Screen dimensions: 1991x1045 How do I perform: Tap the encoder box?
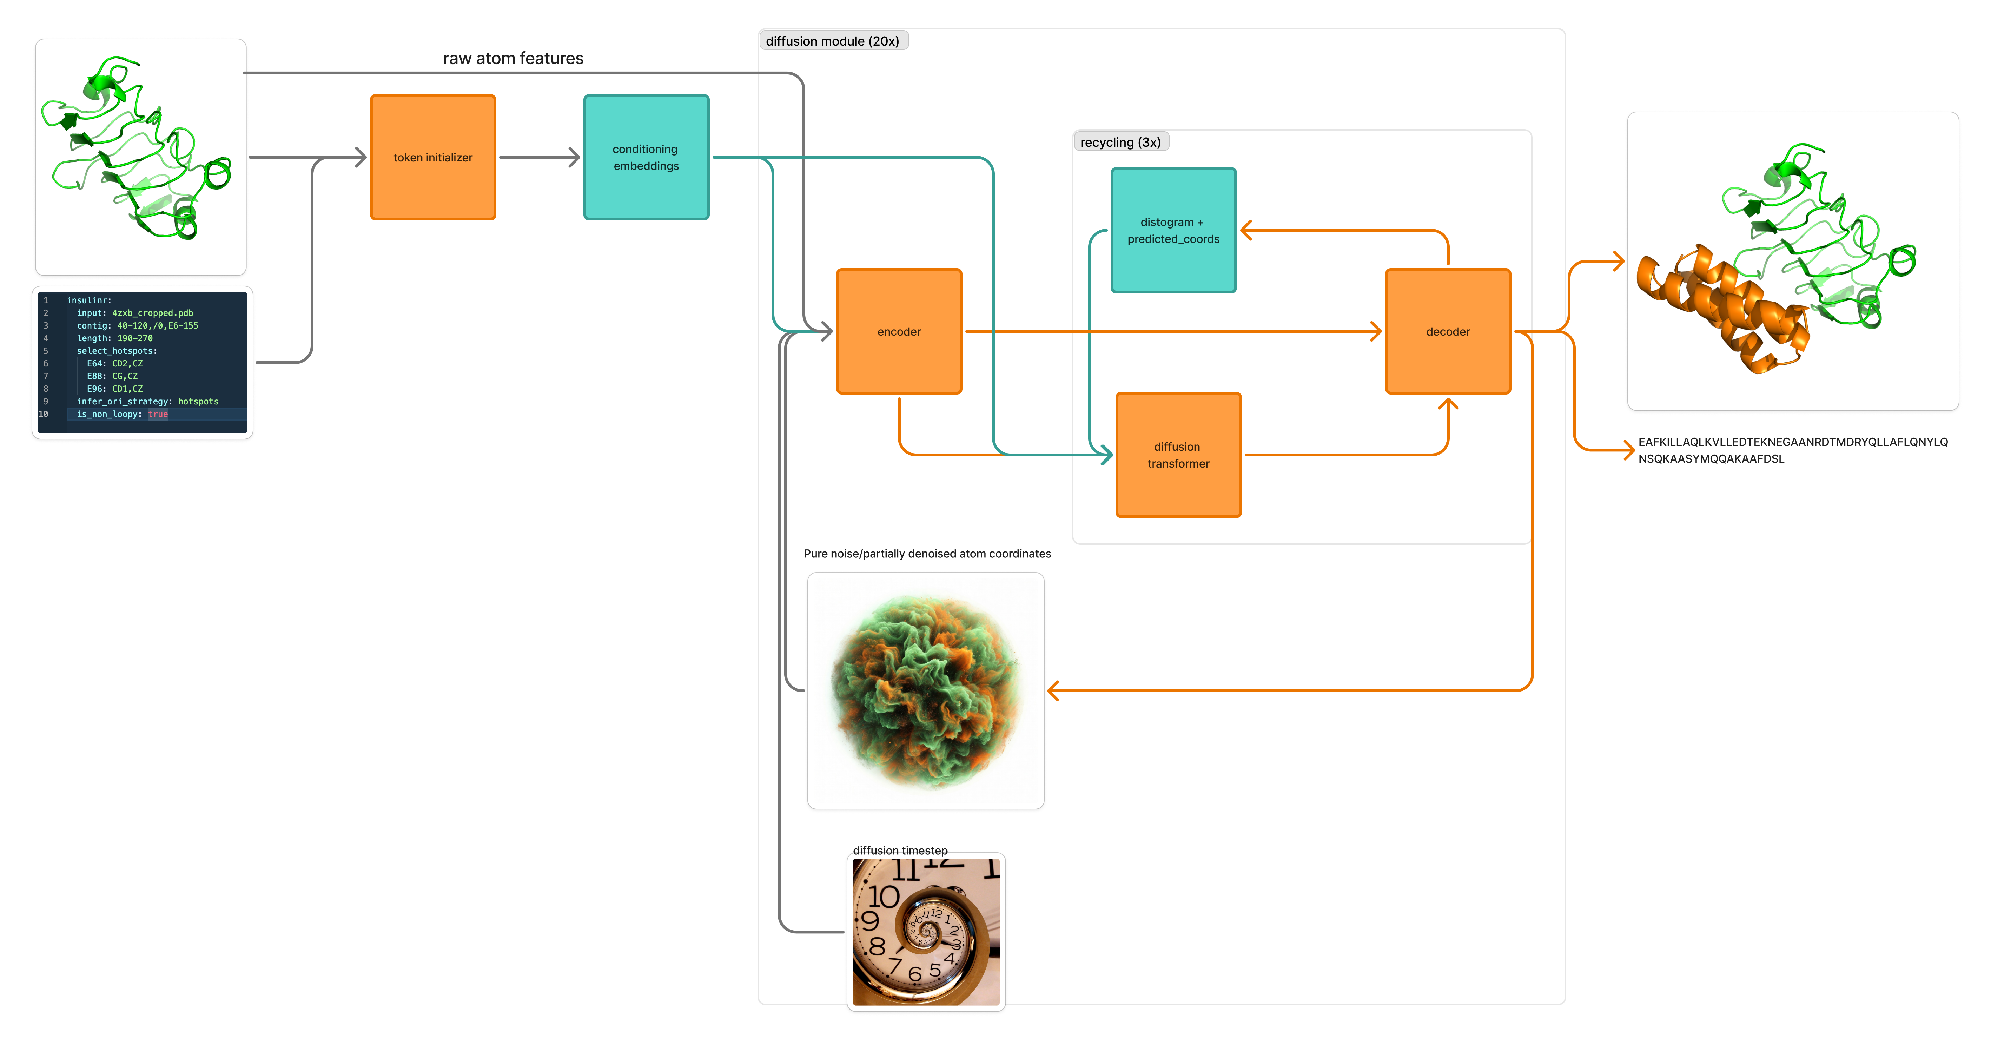point(899,332)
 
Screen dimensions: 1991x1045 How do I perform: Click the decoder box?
point(1448,332)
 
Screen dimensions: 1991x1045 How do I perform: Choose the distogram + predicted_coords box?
point(1173,230)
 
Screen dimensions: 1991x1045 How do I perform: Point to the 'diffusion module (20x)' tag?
point(832,41)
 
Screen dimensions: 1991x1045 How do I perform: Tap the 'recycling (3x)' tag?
point(1121,142)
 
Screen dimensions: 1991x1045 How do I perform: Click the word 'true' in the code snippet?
point(158,414)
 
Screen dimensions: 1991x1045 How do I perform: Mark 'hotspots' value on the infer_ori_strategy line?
point(199,402)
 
